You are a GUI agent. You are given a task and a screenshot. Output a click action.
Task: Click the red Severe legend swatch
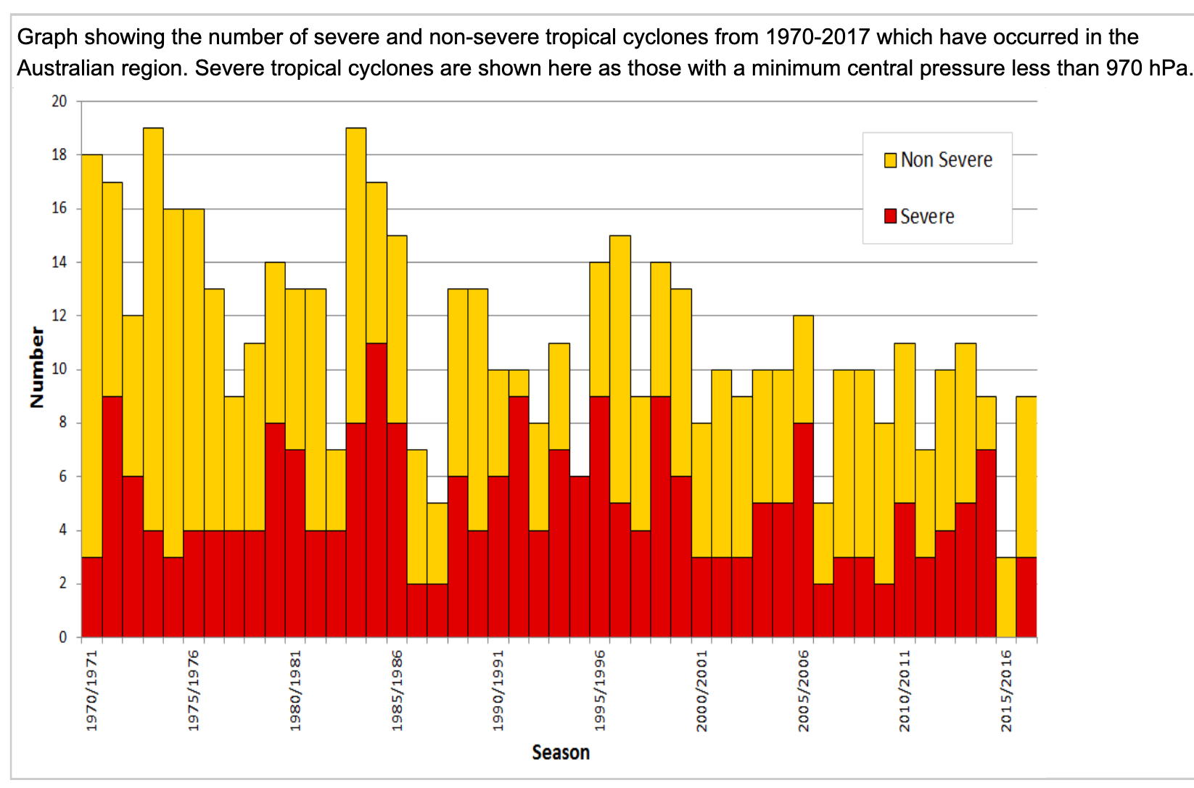click(890, 216)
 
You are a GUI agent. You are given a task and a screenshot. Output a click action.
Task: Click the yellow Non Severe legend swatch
click(890, 160)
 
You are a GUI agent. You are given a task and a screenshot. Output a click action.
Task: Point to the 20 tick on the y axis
click(59, 102)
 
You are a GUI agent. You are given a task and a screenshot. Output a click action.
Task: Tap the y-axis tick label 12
click(59, 316)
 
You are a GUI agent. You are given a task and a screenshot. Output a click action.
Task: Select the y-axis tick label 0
click(63, 637)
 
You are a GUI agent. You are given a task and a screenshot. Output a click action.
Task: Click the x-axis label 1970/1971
click(92, 690)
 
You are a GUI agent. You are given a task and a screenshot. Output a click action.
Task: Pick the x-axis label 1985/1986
click(397, 690)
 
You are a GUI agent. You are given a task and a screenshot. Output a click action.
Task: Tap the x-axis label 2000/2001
click(701, 690)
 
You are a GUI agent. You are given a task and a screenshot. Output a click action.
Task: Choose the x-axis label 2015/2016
click(1006, 690)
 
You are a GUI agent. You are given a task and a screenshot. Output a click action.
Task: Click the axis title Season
click(561, 752)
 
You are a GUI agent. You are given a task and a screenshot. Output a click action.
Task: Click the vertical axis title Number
click(37, 367)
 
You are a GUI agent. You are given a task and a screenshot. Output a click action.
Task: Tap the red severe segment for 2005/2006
click(803, 530)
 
